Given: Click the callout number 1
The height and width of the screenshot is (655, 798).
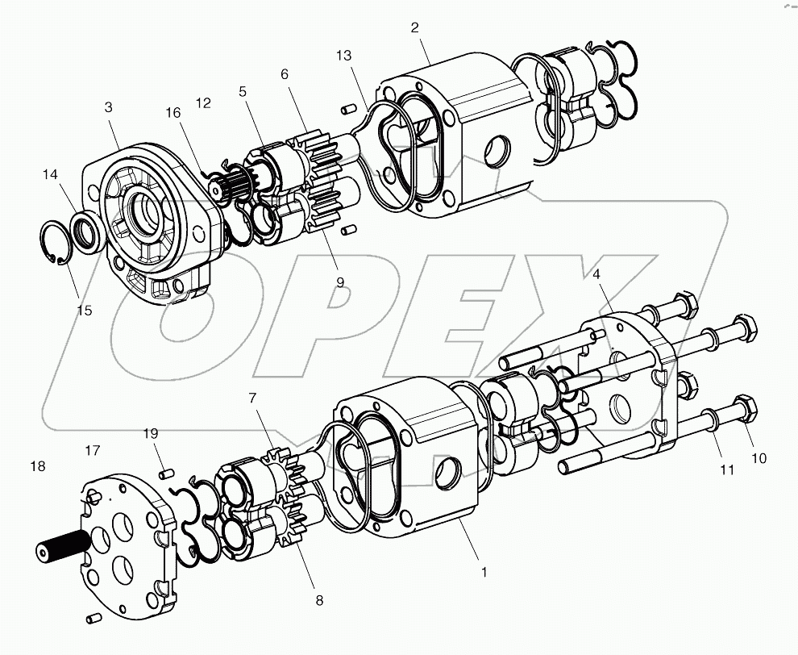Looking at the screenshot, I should (x=484, y=572).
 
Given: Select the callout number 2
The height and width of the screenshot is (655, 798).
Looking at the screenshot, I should (x=414, y=27).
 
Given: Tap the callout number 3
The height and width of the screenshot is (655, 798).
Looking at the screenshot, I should (x=107, y=106).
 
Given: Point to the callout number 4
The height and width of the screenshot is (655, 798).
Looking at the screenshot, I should (x=596, y=273).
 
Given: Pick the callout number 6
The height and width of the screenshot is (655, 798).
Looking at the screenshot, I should (x=284, y=73).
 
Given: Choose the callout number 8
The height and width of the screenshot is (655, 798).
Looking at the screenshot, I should (x=319, y=599).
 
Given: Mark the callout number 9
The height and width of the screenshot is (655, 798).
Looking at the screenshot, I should (x=340, y=282).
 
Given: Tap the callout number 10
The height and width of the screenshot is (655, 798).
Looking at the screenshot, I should (x=759, y=458).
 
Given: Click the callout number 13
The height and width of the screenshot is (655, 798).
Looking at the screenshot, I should (x=344, y=55).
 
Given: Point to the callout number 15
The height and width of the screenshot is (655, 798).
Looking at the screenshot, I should (x=84, y=311).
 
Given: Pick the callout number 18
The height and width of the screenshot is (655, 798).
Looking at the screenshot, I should (x=37, y=466).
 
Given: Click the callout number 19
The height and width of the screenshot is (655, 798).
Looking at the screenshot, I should (x=151, y=432).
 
